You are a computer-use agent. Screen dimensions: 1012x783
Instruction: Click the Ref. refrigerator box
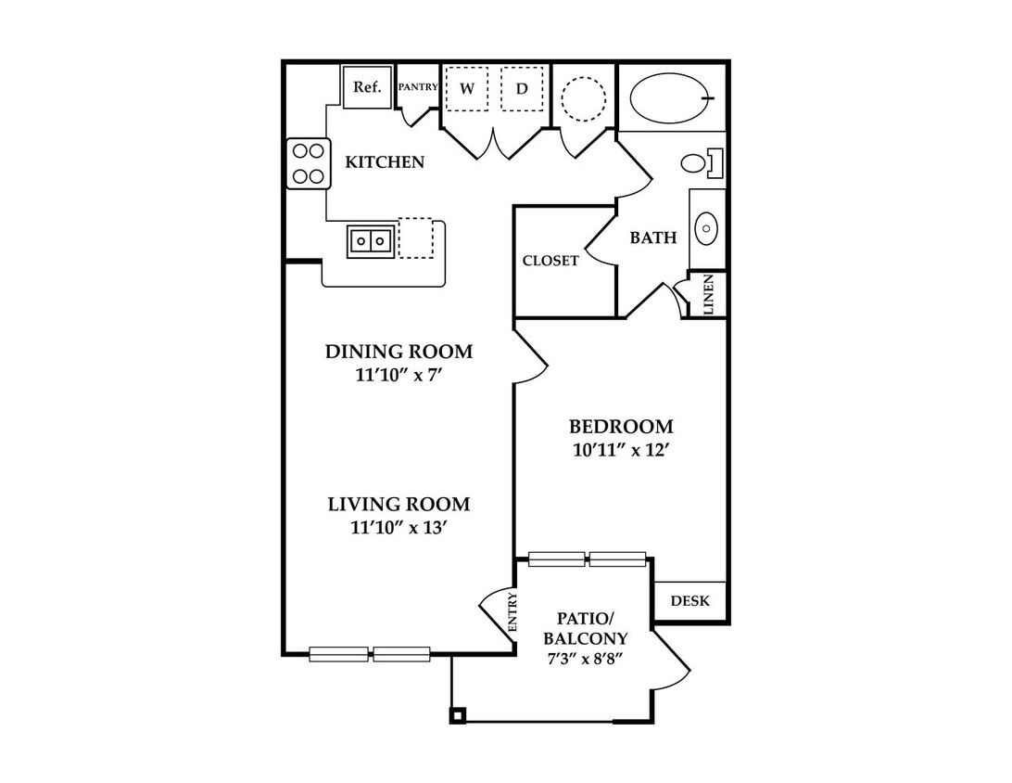(x=367, y=86)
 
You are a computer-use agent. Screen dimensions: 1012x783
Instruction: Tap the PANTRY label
(x=418, y=86)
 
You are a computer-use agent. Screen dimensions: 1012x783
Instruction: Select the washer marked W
(x=467, y=88)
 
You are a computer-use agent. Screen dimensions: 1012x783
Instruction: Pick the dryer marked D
(x=522, y=88)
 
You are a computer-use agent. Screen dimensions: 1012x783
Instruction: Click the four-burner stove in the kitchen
(x=308, y=163)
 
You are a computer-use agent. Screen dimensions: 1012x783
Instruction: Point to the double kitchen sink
(x=371, y=241)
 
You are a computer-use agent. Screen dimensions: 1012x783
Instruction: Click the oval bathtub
(x=672, y=97)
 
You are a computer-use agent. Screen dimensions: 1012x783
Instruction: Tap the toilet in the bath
(x=702, y=162)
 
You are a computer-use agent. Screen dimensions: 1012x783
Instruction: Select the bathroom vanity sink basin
(x=707, y=229)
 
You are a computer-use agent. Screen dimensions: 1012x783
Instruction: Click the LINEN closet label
(x=709, y=294)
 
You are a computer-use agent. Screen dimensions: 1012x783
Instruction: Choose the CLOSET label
(x=550, y=261)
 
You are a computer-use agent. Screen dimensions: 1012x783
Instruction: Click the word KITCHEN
(x=385, y=161)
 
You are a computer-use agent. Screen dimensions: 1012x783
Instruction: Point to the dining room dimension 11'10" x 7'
(x=398, y=375)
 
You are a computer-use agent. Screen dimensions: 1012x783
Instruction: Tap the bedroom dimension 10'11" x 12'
(x=619, y=450)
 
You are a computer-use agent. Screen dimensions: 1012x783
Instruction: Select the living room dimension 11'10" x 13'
(x=398, y=527)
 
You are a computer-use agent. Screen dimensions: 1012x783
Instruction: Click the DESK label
(x=689, y=601)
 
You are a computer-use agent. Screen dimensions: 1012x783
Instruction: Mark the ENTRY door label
(x=512, y=611)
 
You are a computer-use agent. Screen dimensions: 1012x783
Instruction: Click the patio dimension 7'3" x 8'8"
(x=585, y=660)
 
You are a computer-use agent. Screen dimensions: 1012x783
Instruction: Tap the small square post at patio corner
(x=458, y=715)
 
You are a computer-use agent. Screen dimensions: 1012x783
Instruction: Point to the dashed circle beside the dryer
(x=584, y=99)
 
